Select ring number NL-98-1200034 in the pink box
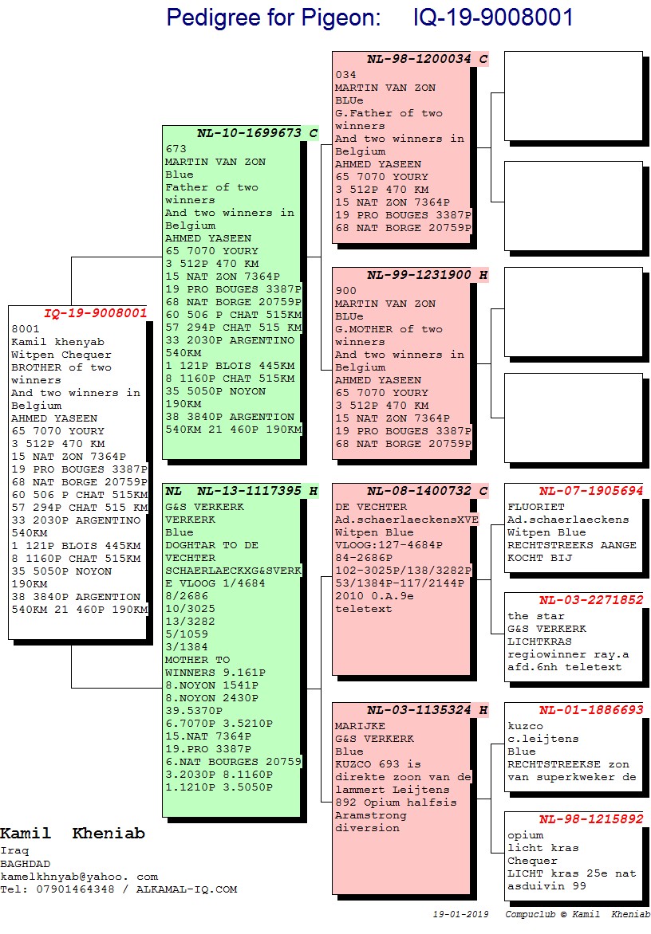[420, 59]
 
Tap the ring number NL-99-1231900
[420, 275]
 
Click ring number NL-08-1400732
[420, 491]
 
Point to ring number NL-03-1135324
[420, 710]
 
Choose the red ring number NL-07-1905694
[590, 491]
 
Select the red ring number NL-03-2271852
[590, 600]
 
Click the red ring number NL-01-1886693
[590, 710]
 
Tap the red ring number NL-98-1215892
[590, 819]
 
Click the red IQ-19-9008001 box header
[96, 313]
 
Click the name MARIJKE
[360, 726]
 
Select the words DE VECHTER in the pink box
[370, 507]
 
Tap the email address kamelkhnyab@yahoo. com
[79, 877]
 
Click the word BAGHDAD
[25, 864]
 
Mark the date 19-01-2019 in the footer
[460, 914]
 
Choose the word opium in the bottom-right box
[525, 835]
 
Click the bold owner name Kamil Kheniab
[73, 834]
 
